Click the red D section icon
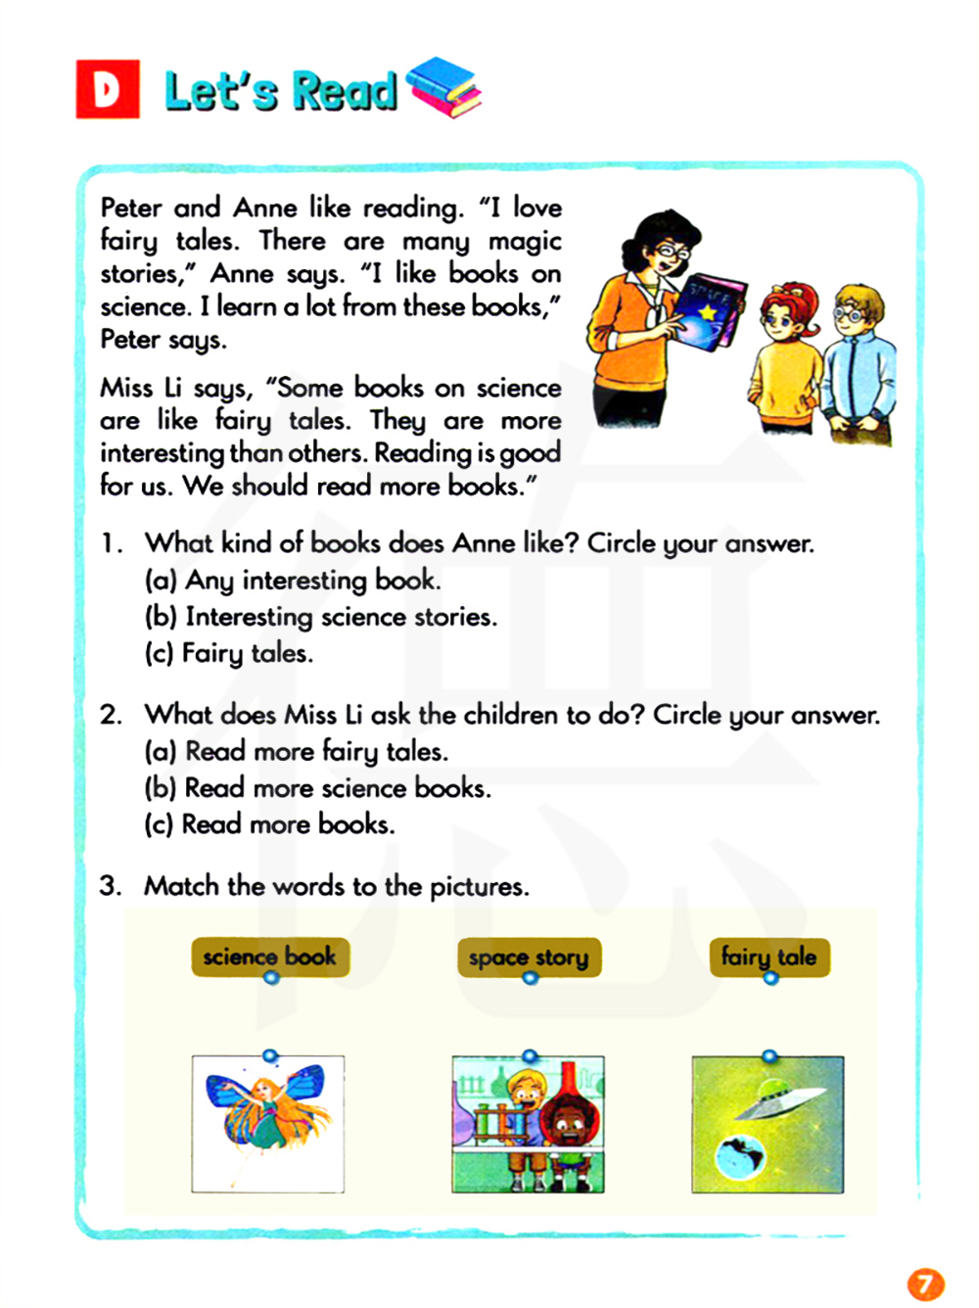tap(108, 89)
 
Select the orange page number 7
tap(925, 1284)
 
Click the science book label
tap(269, 956)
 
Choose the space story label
tap(529, 957)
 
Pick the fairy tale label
tap(769, 956)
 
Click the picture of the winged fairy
tap(267, 1123)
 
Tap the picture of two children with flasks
tap(528, 1124)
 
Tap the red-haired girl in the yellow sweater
tap(788, 362)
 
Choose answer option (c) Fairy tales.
tap(229, 653)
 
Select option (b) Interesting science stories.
tap(321, 617)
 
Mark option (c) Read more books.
tap(269, 824)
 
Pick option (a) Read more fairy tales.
tap(297, 751)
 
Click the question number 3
tap(110, 886)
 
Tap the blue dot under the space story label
tap(530, 978)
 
